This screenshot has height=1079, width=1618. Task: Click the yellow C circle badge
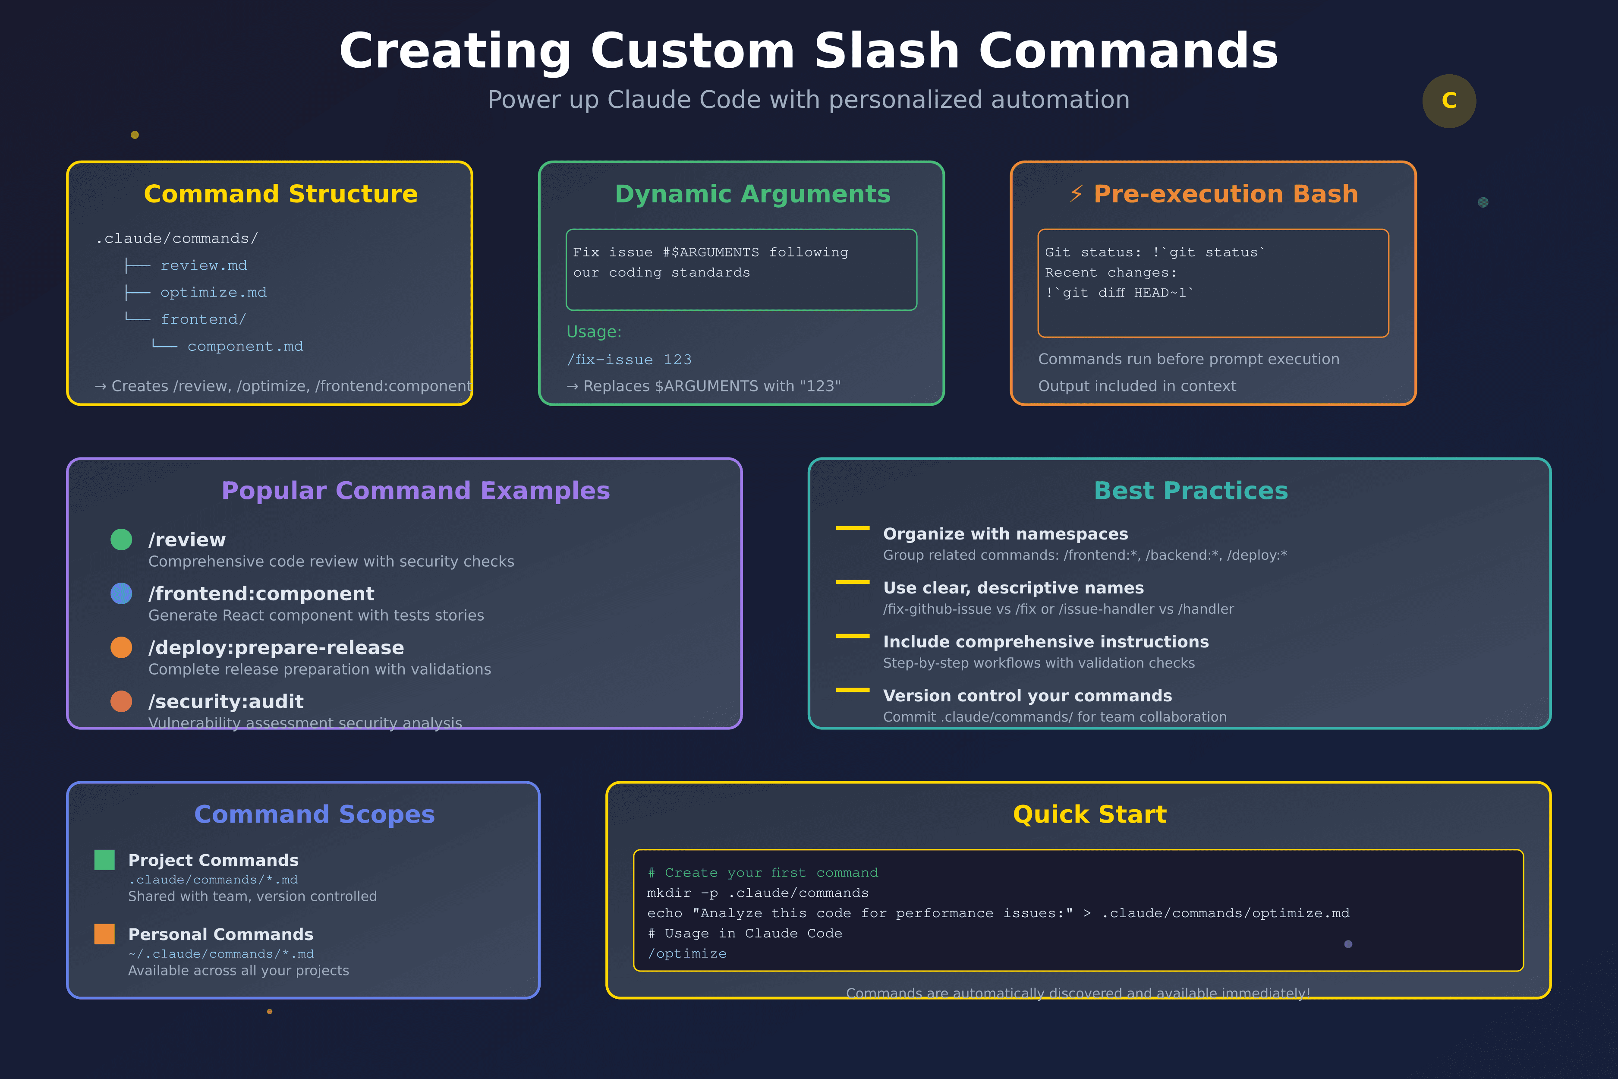[x=1449, y=101]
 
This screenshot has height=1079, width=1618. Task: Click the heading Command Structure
[x=281, y=194]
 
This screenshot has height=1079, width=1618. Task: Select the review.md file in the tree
[x=204, y=265]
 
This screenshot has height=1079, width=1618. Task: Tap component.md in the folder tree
[x=245, y=347]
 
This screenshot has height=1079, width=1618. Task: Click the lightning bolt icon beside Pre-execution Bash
[x=1076, y=194]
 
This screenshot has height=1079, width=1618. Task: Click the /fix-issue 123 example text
[x=629, y=360]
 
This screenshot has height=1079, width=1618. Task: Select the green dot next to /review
[x=121, y=539]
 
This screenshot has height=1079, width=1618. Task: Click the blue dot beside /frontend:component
[x=121, y=593]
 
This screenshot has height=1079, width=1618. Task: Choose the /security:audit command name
[x=226, y=701]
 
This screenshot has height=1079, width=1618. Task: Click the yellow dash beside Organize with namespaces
[x=852, y=528]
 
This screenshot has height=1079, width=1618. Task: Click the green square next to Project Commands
[x=104, y=860]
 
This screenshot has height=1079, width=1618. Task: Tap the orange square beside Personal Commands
[x=104, y=934]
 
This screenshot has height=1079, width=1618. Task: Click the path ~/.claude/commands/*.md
[x=221, y=954]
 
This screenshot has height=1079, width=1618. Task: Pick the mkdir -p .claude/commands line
[x=757, y=893]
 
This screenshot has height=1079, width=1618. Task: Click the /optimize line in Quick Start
[x=686, y=954]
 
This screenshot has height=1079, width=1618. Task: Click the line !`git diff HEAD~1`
[x=1119, y=293]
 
